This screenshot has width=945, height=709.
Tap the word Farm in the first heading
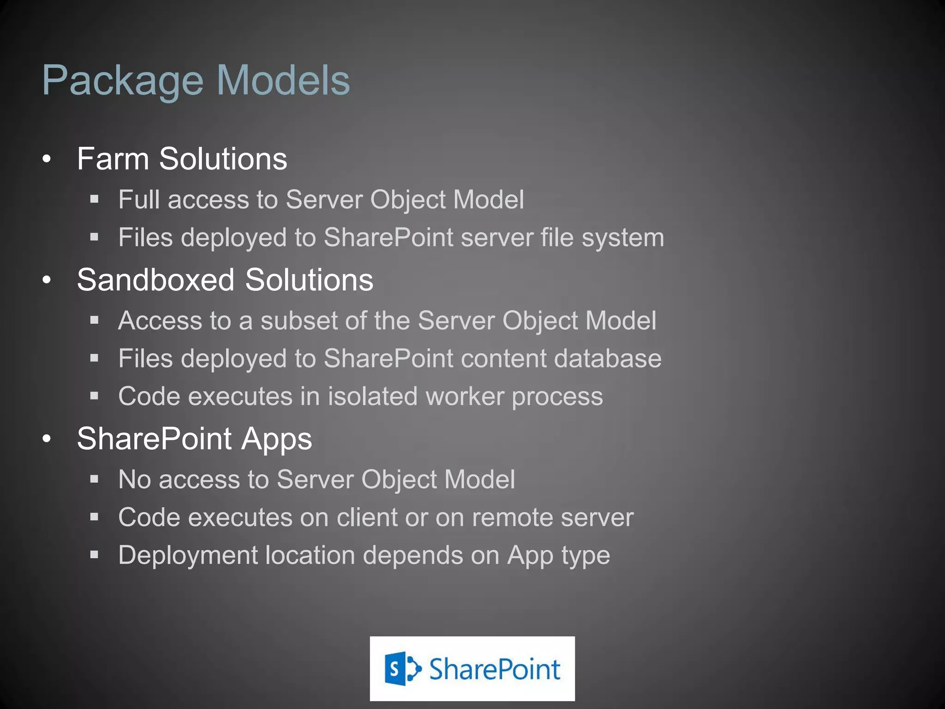point(113,159)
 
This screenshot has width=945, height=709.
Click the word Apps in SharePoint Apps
point(276,439)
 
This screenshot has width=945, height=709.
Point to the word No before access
point(134,479)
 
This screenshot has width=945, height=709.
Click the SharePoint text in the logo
point(494,669)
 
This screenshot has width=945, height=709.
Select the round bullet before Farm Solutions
point(46,159)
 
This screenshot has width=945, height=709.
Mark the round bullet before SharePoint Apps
point(46,439)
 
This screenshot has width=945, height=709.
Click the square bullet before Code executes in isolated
point(95,396)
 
